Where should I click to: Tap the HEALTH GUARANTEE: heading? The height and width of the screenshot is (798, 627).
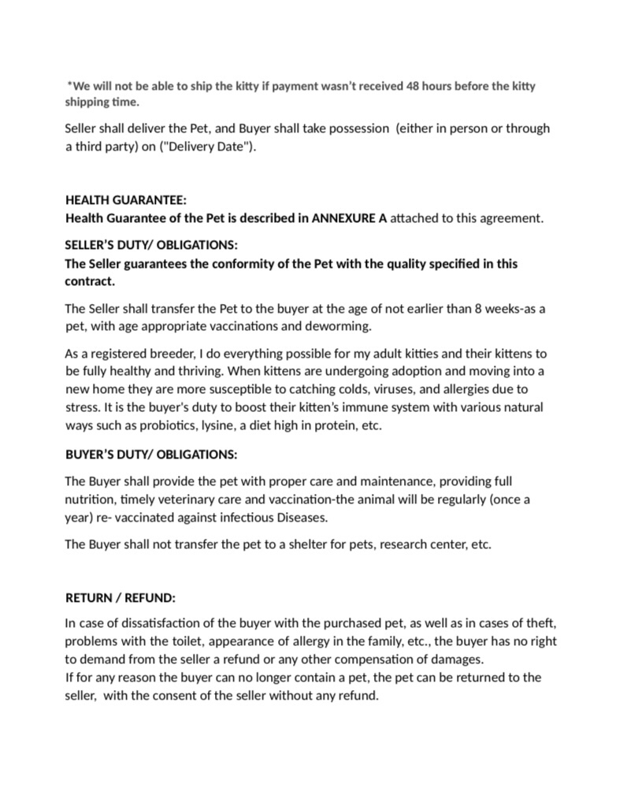[125, 200]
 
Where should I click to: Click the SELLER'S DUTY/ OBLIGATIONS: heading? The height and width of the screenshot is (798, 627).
[150, 245]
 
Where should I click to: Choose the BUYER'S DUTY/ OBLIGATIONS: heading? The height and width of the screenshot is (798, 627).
[150, 455]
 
